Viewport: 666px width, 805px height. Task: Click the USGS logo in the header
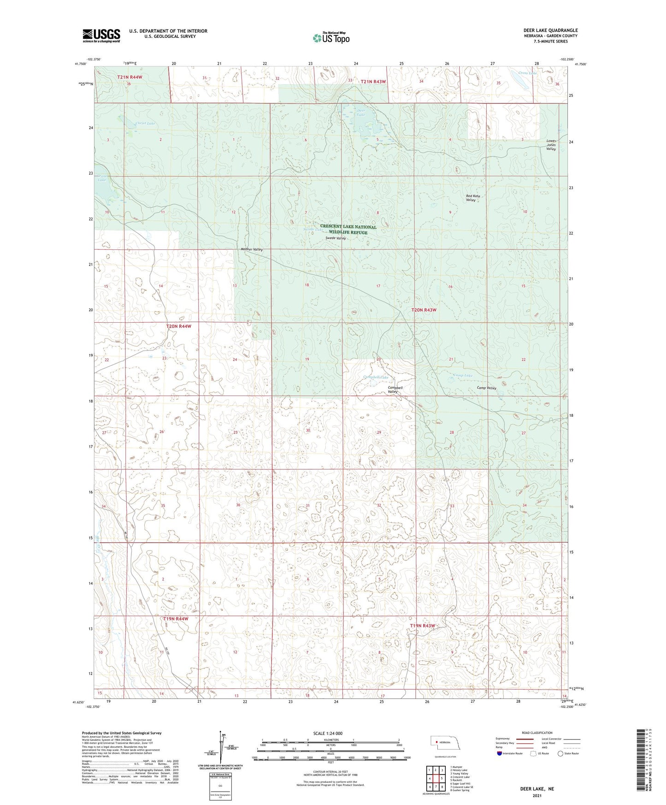click(x=101, y=36)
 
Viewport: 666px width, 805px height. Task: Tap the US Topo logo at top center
click(x=330, y=38)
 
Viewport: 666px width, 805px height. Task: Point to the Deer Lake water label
click(x=361, y=112)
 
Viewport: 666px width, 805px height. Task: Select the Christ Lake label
click(x=145, y=124)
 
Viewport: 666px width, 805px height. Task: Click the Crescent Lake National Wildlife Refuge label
click(x=348, y=230)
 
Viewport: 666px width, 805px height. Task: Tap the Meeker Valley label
click(x=252, y=249)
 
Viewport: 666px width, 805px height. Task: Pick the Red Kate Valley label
click(x=473, y=198)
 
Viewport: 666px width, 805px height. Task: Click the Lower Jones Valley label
click(x=551, y=145)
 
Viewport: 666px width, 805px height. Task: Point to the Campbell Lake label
click(x=376, y=377)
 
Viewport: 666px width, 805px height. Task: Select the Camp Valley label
click(x=486, y=388)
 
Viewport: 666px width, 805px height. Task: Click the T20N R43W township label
click(x=424, y=310)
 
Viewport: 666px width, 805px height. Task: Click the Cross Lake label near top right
click(x=527, y=73)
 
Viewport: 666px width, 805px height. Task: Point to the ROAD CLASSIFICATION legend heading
click(x=537, y=733)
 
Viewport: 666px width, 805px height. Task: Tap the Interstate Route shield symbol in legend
click(x=500, y=754)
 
